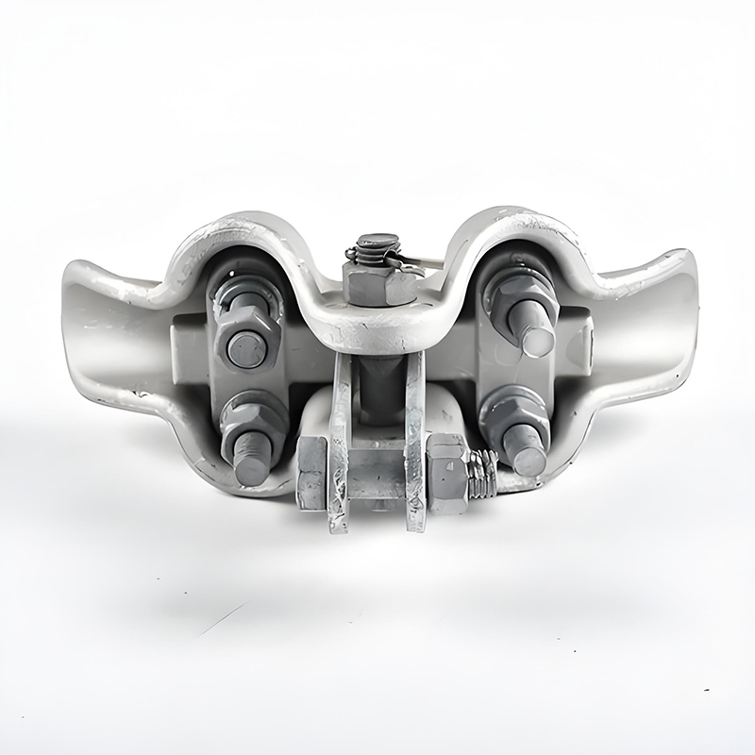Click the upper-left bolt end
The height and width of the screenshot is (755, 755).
(246, 350)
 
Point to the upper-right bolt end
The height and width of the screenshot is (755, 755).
(536, 338)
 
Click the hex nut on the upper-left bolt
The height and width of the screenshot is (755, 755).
(246, 335)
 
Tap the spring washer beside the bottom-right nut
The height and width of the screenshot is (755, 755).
(483, 474)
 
